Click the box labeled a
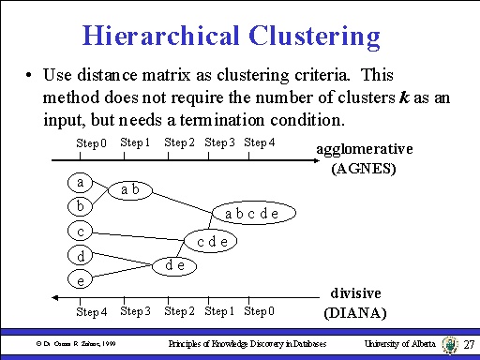click(x=82, y=183)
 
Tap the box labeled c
click(x=82, y=231)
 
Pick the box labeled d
click(x=82, y=255)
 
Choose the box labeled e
click(x=82, y=279)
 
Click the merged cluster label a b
click(x=131, y=190)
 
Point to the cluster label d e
click(x=174, y=265)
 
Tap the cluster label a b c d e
click(x=253, y=213)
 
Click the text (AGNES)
click(x=364, y=170)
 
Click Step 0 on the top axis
click(x=92, y=143)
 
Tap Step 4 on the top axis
click(x=259, y=142)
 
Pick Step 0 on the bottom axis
click(x=259, y=310)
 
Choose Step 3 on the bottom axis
click(x=136, y=310)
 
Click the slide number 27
click(x=471, y=347)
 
